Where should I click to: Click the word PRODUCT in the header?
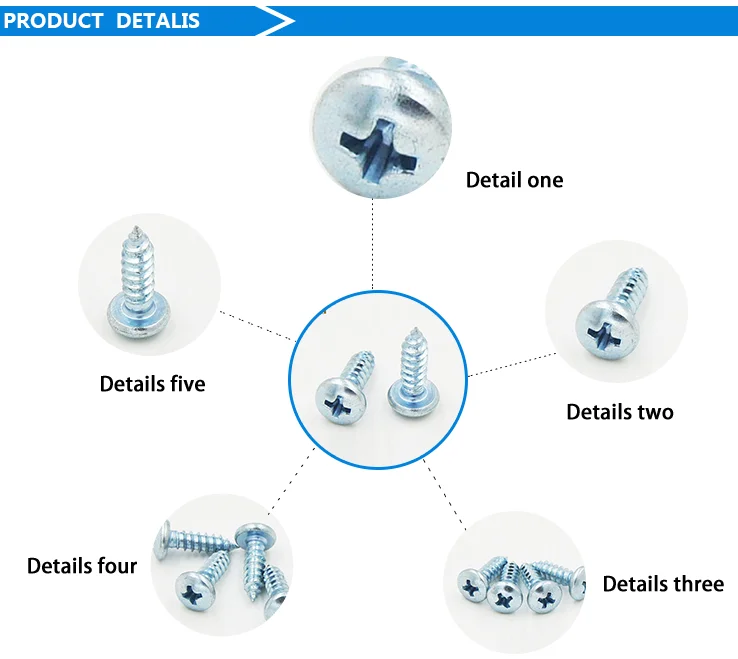(54, 20)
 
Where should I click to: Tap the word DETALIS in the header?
(158, 20)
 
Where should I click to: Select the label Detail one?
(514, 180)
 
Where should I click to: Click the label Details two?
(620, 412)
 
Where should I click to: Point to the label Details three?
(663, 584)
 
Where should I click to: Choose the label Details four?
(82, 566)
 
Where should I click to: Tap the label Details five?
(152, 384)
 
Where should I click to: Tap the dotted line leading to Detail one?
(373, 240)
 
